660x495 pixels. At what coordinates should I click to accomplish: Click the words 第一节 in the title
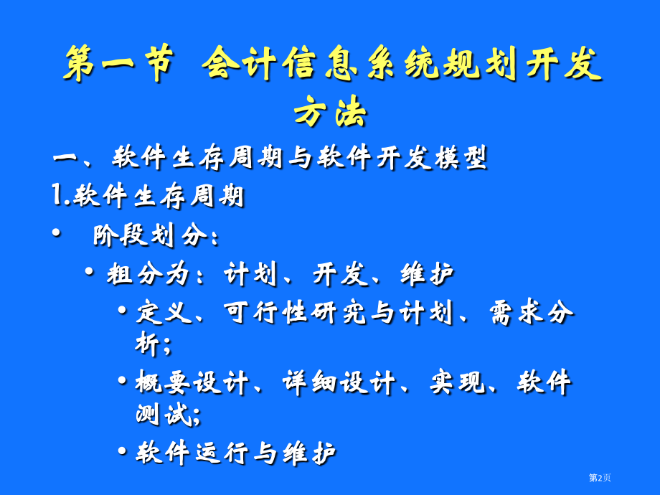[118, 65]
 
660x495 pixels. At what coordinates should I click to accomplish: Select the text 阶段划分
[150, 235]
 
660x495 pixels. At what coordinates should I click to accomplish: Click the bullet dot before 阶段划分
[57, 235]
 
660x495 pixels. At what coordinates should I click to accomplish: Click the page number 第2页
[600, 478]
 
